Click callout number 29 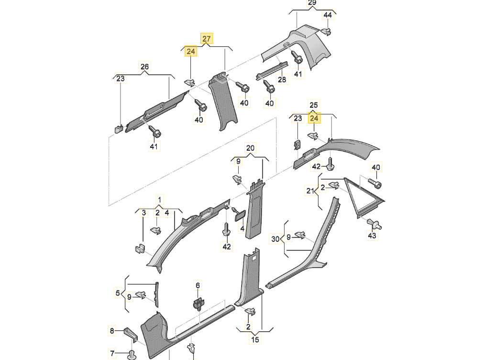[x=311, y=3]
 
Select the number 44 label [x=328, y=15]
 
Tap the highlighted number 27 [x=207, y=39]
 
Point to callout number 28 [x=282, y=79]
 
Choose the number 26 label [x=144, y=67]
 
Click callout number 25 [x=313, y=105]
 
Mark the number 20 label [x=250, y=148]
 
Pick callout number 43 [x=372, y=236]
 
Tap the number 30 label [x=275, y=239]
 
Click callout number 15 [x=255, y=339]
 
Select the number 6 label [x=198, y=285]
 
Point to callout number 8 [x=112, y=331]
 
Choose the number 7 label [x=112, y=353]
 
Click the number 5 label [x=118, y=293]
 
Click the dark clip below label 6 [x=199, y=304]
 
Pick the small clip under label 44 [x=327, y=31]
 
